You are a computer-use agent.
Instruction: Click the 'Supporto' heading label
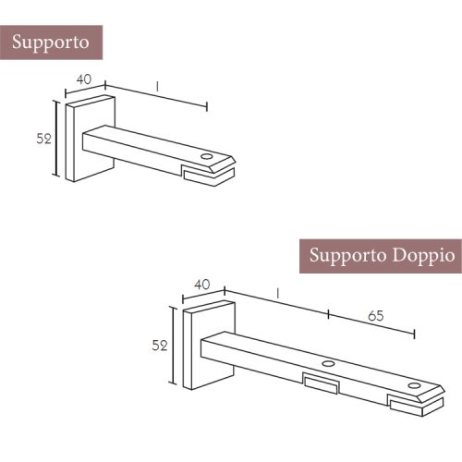(x=51, y=43)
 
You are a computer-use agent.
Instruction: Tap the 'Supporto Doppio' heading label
(x=382, y=256)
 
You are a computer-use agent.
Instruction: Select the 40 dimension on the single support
(x=84, y=79)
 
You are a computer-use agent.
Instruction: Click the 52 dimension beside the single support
(x=43, y=139)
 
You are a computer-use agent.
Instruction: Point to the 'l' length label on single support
(x=157, y=87)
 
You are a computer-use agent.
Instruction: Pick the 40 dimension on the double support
(x=202, y=285)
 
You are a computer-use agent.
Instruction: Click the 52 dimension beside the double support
(x=160, y=346)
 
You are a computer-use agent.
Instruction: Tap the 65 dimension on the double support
(x=376, y=316)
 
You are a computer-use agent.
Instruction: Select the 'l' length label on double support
(x=278, y=294)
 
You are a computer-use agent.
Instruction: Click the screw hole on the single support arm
(x=207, y=156)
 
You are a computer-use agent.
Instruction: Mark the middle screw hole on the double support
(x=328, y=363)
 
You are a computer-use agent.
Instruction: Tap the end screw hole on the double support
(x=414, y=386)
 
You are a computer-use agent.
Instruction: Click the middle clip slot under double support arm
(x=321, y=384)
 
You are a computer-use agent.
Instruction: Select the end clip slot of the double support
(x=416, y=405)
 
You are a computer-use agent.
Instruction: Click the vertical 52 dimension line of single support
(x=56, y=138)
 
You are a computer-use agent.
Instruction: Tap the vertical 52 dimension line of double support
(x=174, y=346)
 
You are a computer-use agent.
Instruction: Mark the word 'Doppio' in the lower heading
(x=424, y=256)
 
